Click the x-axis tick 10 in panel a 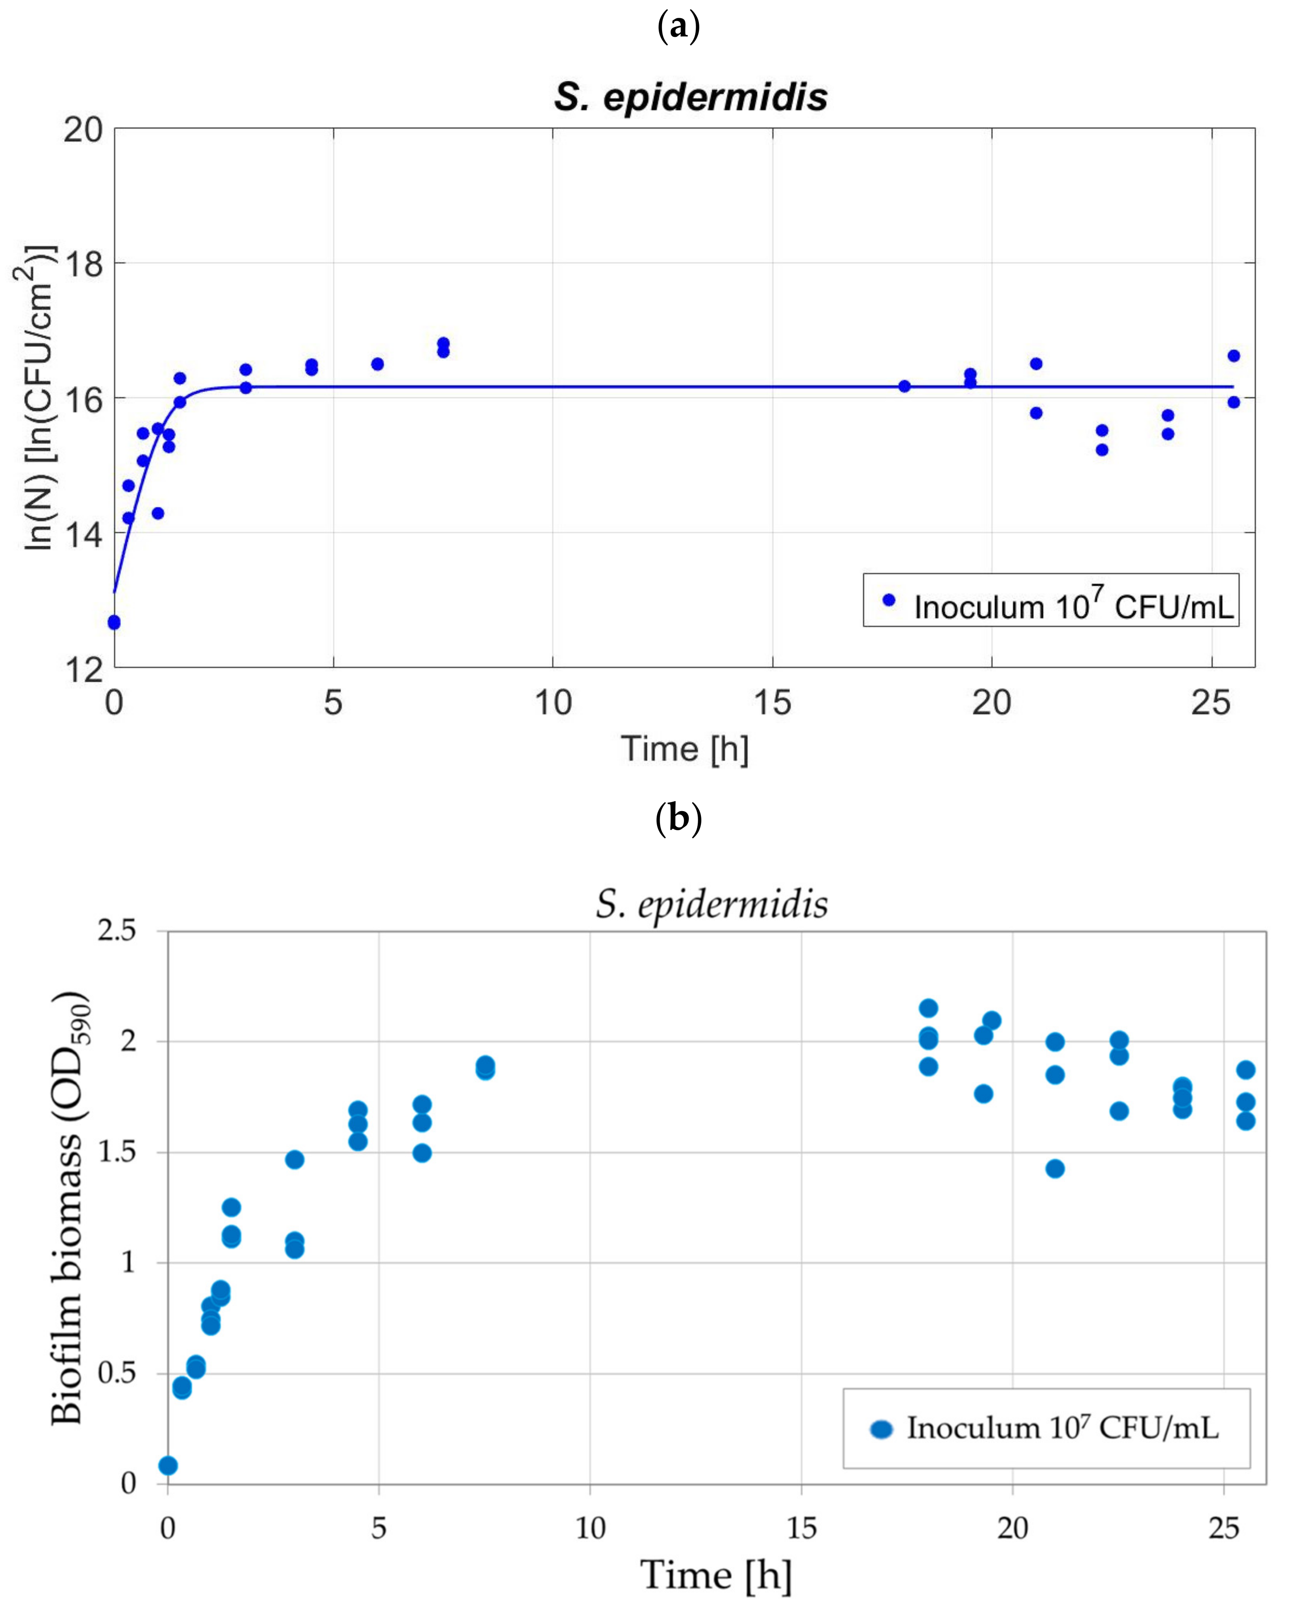[x=552, y=703]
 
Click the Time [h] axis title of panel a [x=684, y=749]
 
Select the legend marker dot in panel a [x=889, y=600]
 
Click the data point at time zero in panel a [x=114, y=622]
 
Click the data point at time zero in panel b [x=169, y=1466]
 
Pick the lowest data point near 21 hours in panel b [x=1055, y=1169]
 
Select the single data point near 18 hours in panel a [x=904, y=386]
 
